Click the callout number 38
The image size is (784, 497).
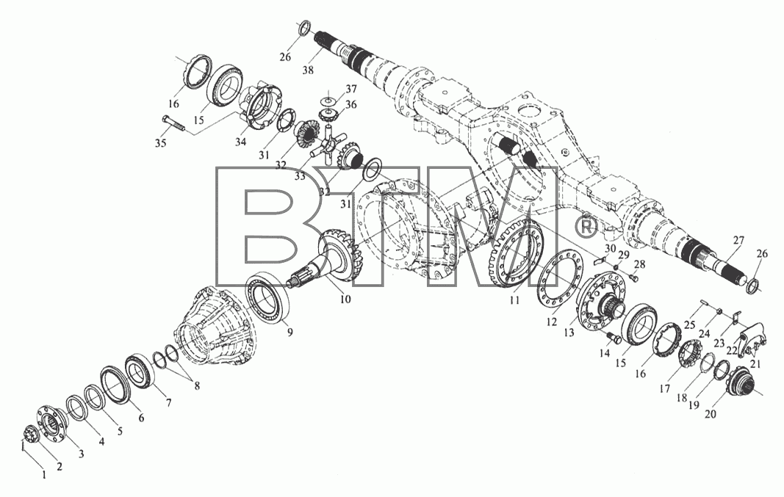[308, 70]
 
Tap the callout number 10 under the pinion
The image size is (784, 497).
[345, 300]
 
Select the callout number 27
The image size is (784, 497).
[738, 240]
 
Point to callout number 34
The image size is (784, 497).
[240, 142]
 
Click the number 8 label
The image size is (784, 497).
[197, 386]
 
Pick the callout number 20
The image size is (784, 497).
[710, 413]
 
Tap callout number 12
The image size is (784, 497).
[552, 322]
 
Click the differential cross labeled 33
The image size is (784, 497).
[327, 145]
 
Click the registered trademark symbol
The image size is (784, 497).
[586, 228]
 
